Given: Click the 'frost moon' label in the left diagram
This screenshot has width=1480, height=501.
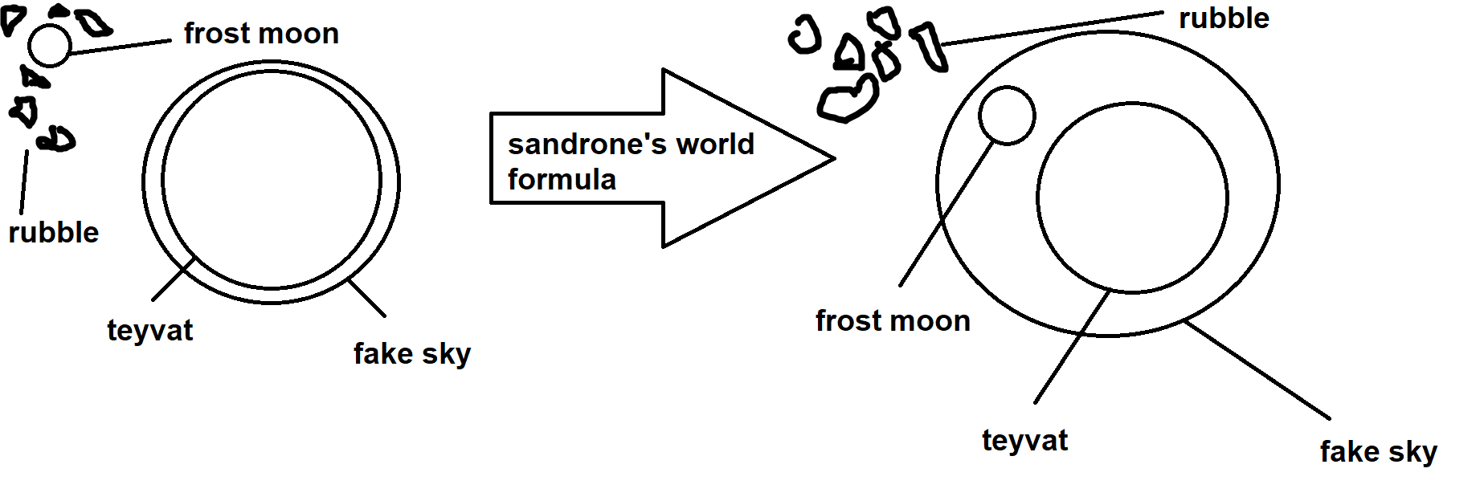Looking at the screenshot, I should [261, 34].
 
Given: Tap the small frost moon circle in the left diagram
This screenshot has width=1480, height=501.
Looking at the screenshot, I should [50, 45].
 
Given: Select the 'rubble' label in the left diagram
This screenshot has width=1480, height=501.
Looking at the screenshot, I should [54, 233].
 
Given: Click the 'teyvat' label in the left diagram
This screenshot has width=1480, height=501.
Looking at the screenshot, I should [150, 330].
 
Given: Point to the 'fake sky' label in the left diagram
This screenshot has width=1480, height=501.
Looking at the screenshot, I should [412, 353].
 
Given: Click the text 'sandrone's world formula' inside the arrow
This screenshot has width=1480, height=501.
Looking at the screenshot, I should [631, 161].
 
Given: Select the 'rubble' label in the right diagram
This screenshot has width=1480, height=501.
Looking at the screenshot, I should [1224, 18].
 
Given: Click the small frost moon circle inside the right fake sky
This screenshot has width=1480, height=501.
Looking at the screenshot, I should [1007, 116].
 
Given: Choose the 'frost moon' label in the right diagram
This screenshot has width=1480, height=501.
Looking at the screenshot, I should [893, 321].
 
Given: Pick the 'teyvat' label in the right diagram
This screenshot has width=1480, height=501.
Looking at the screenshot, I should [1025, 440].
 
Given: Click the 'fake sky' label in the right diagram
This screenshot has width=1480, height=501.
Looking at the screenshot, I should [1379, 451].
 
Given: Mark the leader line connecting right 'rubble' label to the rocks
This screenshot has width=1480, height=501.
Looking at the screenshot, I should [1053, 28].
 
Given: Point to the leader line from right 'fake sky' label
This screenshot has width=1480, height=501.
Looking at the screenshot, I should [1257, 369].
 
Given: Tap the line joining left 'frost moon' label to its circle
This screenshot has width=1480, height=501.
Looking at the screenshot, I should [121, 47].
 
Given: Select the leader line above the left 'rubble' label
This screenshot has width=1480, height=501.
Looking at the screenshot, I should [24, 182].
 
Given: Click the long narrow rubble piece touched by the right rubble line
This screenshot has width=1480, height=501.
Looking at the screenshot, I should [929, 46].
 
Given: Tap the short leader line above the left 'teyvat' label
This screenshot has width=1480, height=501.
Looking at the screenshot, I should [174, 279].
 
